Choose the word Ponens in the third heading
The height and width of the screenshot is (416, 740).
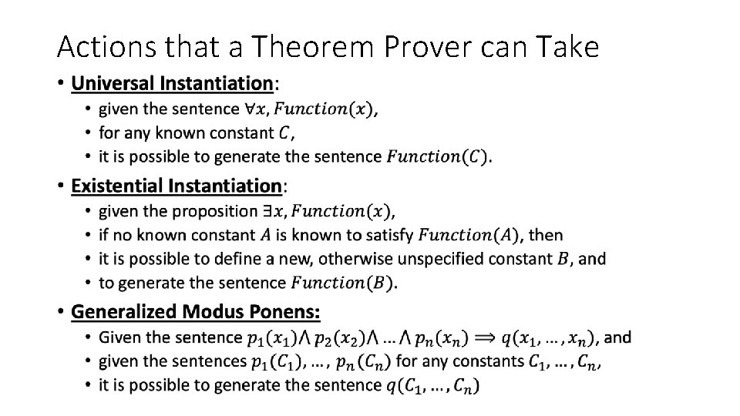[283, 312]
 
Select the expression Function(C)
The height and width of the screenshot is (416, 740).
[437, 157]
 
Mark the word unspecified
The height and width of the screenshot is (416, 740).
[449, 259]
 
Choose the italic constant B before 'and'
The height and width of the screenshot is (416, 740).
[563, 259]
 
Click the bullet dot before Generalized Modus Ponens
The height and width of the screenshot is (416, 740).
[60, 312]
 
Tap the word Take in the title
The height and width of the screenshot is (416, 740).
[569, 48]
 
